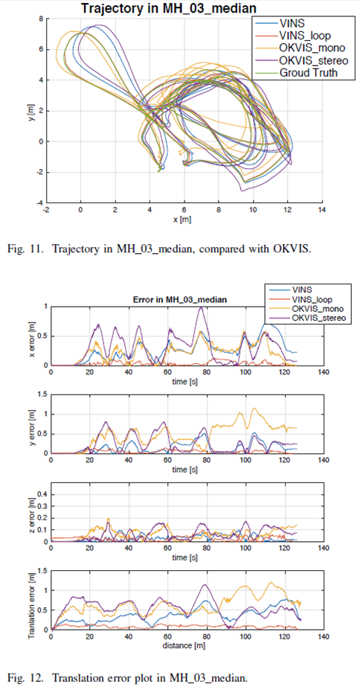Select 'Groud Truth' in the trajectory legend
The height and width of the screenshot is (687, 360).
click(309, 73)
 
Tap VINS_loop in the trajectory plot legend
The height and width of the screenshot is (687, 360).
click(306, 34)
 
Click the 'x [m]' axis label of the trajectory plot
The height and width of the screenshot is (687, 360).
click(183, 220)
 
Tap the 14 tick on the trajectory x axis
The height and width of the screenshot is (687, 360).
click(321, 211)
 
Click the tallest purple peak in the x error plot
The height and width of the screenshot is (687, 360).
click(199, 307)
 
